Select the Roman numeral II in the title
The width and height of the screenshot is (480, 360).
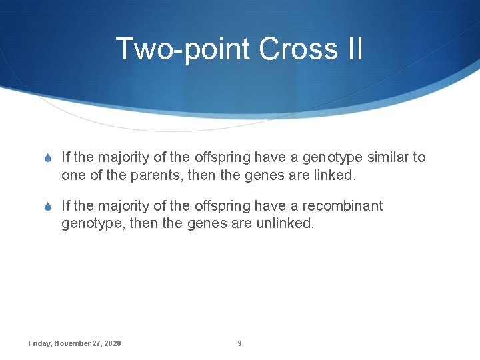coord(353,49)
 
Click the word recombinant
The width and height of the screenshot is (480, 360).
coord(343,206)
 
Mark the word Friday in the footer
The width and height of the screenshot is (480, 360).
coord(39,343)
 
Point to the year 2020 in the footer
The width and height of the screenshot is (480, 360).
coord(113,343)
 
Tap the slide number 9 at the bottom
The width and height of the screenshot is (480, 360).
coord(239,343)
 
